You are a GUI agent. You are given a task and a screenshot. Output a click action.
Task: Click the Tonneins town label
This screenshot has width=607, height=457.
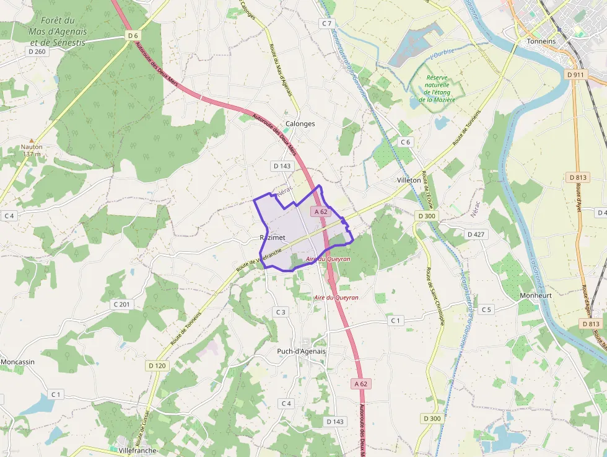(541, 41)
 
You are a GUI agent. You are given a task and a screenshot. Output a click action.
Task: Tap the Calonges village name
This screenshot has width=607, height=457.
(300, 123)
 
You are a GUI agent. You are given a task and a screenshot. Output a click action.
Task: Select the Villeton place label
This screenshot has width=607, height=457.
(409, 180)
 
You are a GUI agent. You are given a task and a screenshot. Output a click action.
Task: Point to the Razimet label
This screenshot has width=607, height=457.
(269, 238)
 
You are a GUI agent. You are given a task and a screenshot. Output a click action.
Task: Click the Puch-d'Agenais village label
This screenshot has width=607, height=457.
(302, 351)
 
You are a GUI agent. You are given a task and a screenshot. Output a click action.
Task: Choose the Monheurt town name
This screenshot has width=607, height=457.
(535, 295)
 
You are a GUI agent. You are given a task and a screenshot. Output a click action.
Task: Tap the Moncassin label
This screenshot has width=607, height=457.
(17, 362)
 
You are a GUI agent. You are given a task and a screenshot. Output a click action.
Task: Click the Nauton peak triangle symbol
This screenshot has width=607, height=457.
(32, 140)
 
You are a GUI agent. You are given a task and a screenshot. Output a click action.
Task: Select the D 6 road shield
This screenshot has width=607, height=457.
(133, 35)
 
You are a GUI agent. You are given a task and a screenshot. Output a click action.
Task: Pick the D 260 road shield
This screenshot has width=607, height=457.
(37, 51)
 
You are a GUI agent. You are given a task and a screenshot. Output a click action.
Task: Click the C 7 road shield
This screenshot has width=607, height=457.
(327, 23)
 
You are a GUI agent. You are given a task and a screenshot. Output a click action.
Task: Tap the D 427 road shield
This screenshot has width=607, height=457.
(475, 234)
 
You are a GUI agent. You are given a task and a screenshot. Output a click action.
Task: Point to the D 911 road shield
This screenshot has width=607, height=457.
(575, 75)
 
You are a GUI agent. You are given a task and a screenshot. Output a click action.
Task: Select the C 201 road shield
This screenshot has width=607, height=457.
(122, 304)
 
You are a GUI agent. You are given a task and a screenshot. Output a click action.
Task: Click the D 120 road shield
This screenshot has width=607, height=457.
(157, 366)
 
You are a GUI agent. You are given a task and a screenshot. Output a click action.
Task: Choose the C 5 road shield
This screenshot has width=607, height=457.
(486, 309)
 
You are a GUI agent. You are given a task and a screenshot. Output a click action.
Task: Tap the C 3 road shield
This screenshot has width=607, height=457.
(281, 312)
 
